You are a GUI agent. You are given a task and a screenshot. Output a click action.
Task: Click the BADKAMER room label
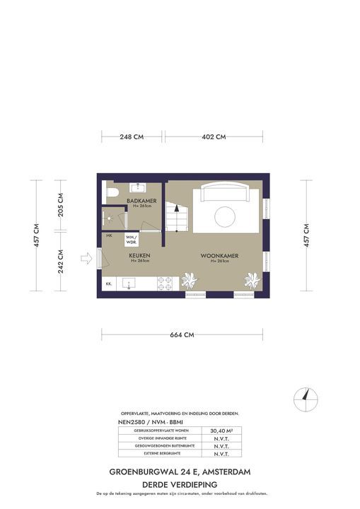point(141,201)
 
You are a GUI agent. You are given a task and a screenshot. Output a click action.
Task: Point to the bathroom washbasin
point(137,187)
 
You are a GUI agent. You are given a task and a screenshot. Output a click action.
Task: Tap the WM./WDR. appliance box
point(131,238)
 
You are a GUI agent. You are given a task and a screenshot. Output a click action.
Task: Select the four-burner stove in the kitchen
point(164,283)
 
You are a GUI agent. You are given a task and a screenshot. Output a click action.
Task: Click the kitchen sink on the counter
point(129,283)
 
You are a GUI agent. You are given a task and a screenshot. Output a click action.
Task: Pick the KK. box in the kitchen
point(109,283)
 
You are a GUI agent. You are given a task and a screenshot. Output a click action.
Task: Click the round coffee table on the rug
point(224,216)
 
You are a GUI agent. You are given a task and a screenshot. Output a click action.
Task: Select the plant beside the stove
point(189,281)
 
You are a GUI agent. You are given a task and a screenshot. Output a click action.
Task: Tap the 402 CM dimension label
point(214,136)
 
